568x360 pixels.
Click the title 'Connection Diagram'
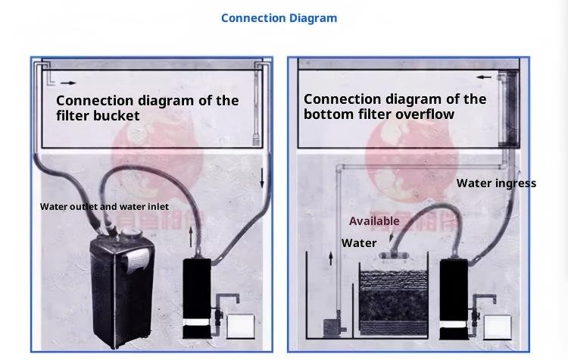279,17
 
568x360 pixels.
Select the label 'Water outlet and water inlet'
105,206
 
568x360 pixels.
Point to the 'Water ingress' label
496,183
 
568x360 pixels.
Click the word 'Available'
374,221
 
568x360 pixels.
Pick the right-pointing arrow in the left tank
68,83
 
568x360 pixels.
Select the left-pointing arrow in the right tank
483,77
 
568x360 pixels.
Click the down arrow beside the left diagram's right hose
262,179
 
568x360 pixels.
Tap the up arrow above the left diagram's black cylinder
191,237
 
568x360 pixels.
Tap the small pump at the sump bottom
332,329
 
